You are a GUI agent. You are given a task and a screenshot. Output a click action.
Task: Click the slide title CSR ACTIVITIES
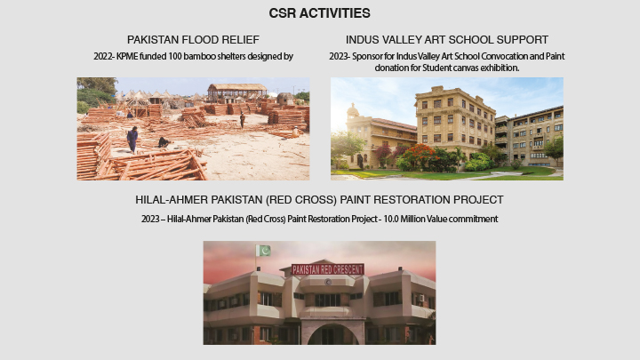tap(319, 13)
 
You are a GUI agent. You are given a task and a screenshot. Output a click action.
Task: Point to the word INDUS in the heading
tap(363, 40)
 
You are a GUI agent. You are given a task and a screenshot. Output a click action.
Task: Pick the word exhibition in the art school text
tap(497, 68)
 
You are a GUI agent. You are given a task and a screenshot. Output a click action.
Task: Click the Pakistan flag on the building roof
tap(263, 252)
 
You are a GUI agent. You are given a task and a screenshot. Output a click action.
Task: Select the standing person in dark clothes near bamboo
tap(132, 139)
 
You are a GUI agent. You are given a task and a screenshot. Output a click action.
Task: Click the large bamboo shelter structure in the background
tap(236, 92)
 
